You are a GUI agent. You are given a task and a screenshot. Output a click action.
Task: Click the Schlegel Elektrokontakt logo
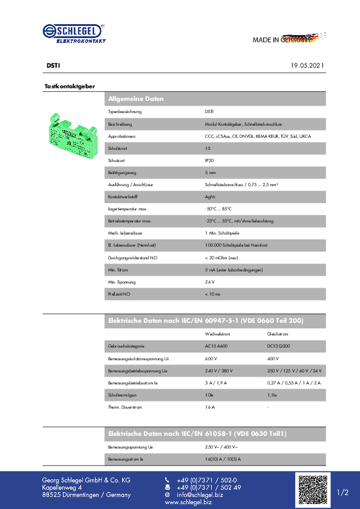pos(74,33)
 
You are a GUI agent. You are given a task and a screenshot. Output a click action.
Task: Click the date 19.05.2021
pos(308,65)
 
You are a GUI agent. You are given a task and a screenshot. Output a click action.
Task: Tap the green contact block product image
pos(71,137)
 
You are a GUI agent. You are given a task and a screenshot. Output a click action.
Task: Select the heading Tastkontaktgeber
pos(70,86)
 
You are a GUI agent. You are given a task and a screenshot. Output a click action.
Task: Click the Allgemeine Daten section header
pos(136,99)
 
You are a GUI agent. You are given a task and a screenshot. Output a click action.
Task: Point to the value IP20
pos(209,160)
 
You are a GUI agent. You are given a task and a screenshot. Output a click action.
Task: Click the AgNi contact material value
pos(209,196)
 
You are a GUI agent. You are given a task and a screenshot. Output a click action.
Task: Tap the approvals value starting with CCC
pos(258,136)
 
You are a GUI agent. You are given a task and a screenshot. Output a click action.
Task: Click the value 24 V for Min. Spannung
pos(210,282)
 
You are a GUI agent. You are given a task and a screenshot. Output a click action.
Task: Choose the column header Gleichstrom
pos(278,334)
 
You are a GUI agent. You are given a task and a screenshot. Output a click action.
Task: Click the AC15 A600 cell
pos(217,346)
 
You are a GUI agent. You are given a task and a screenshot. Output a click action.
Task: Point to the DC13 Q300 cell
pos(279,346)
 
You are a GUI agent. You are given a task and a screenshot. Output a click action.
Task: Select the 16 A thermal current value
pos(210,407)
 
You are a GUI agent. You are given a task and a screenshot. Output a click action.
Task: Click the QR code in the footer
pos(312,490)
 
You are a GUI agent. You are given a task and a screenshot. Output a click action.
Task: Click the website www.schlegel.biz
pos(188,502)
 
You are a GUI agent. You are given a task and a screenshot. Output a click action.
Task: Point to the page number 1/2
pos(343,493)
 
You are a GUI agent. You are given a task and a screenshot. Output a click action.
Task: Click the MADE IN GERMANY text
pos(282,40)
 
